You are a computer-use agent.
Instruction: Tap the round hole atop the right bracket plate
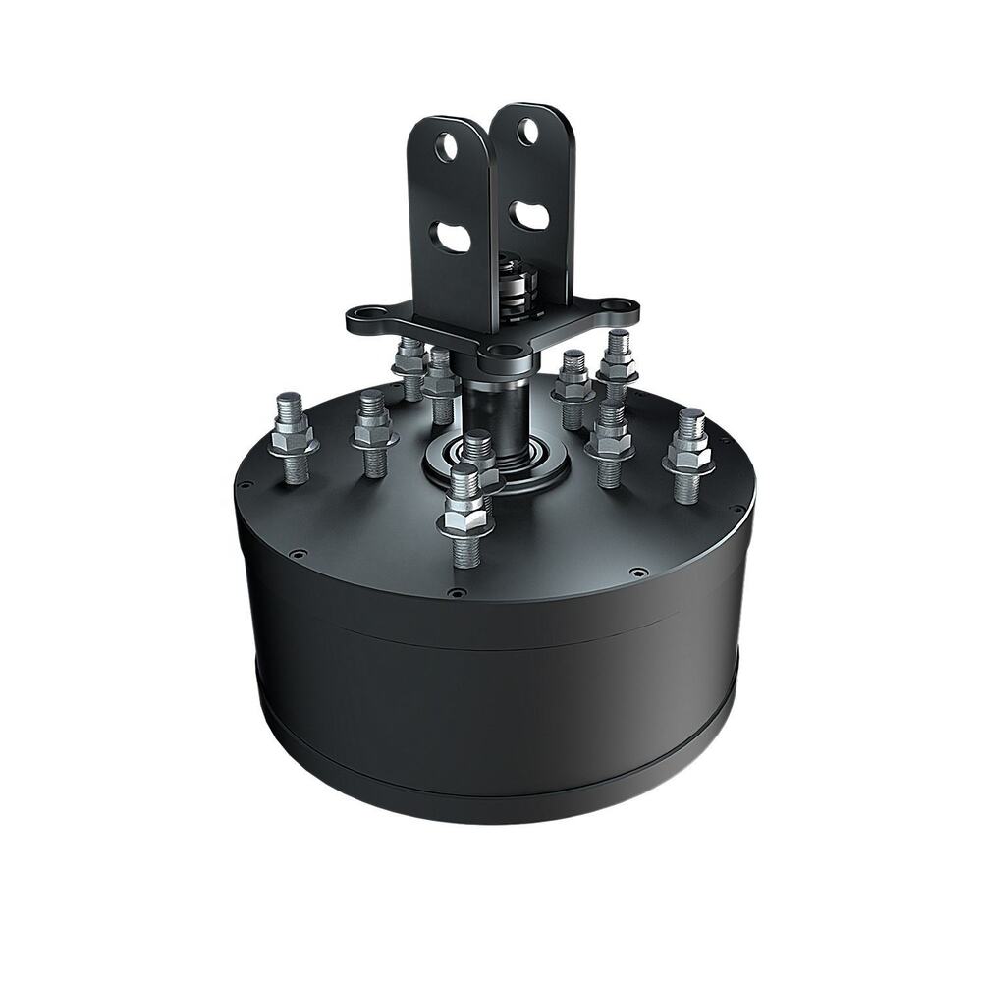coord(528,132)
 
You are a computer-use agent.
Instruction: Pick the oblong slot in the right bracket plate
coord(531,215)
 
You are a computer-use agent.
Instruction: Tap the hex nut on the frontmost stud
coord(464,516)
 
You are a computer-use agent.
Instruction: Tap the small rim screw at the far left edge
coord(242,484)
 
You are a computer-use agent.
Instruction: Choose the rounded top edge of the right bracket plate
coord(531,105)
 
